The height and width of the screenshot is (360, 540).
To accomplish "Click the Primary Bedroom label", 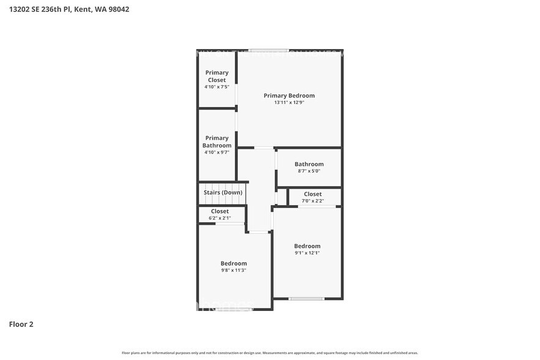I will point(289,96).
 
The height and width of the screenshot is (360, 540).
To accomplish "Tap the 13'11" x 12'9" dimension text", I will point(289,103).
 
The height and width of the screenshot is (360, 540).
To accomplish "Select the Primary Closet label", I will point(217,77).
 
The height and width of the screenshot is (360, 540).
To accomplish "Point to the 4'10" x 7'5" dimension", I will point(217,87).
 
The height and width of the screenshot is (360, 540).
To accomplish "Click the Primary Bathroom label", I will point(217,141).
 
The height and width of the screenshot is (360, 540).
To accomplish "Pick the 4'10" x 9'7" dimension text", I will point(217,152).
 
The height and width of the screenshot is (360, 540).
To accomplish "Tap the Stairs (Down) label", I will point(223,192).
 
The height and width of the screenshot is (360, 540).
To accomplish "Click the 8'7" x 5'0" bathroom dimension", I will point(309,171).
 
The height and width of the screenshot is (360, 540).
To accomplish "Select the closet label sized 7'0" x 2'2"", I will point(312,194).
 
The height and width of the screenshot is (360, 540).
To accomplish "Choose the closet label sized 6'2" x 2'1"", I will point(220,211).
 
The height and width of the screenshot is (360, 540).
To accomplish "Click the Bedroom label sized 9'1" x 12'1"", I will point(307,246).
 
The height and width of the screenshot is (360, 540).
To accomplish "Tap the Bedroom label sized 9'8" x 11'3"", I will point(234,263).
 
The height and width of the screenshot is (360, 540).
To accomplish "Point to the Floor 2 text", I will point(21,324).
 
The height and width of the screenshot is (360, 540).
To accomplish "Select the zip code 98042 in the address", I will point(118,9).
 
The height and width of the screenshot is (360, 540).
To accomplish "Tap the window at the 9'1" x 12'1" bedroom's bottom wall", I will point(307,299).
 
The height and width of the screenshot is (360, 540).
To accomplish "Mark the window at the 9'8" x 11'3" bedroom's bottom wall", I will point(234,309).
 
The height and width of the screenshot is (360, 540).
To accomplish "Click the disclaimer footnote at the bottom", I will point(270,353).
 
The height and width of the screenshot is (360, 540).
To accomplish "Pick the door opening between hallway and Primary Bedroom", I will point(264,148).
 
